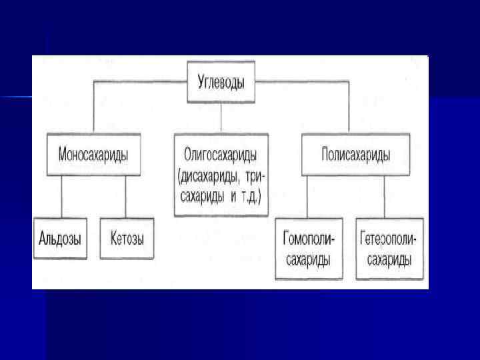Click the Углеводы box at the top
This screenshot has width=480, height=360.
coord(221,83)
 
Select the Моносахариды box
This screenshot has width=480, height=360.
coord(93,154)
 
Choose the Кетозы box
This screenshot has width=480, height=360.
coord(127,238)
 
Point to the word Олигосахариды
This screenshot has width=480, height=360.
coord(221,155)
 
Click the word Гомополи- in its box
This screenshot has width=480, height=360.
coord(309,239)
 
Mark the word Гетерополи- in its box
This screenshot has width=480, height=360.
coord(390,239)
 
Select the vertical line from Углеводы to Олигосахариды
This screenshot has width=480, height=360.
coord(221,117)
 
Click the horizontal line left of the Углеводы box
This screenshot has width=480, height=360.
coord(140,82)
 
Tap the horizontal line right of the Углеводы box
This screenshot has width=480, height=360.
coord(300,82)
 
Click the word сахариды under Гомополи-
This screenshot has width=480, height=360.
coord(309,259)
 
